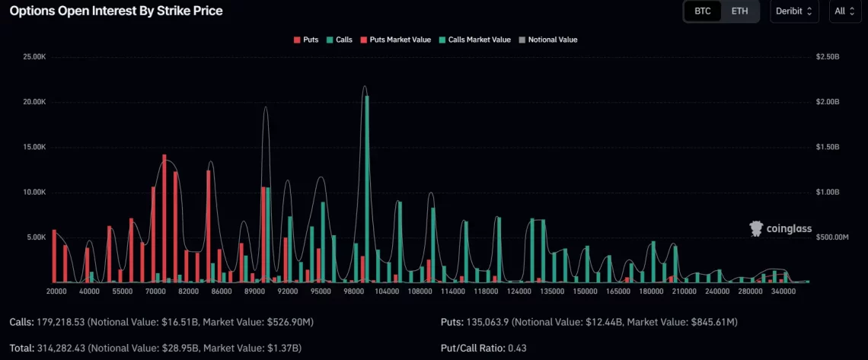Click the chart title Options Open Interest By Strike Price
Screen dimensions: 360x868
click(116, 11)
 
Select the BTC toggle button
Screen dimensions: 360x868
click(702, 11)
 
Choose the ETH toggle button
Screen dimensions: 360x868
click(739, 11)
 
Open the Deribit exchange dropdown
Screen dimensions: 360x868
click(794, 11)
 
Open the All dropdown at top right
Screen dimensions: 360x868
click(844, 11)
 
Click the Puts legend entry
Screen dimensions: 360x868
click(306, 40)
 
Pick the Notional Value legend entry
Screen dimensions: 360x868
click(547, 40)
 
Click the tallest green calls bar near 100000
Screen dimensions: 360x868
click(367, 190)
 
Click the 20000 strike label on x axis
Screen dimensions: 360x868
click(56, 292)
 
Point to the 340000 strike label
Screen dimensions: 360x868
click(783, 292)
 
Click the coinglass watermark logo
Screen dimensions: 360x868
click(780, 228)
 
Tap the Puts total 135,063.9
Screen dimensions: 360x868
click(492, 323)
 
